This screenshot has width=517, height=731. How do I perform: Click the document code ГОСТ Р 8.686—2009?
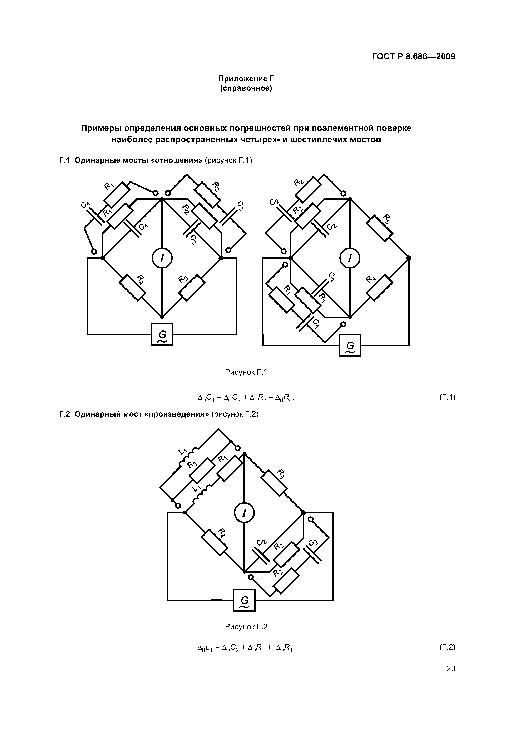click(413, 57)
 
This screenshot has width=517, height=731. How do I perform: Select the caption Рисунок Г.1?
click(246, 372)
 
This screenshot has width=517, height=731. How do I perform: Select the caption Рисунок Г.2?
click(246, 627)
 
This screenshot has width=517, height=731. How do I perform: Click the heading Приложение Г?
click(246, 78)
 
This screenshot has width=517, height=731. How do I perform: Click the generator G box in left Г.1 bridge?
click(162, 334)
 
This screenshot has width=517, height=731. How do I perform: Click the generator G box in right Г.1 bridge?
click(350, 345)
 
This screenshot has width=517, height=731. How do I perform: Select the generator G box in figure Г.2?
click(244, 600)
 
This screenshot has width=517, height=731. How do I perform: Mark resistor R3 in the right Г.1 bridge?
click(379, 228)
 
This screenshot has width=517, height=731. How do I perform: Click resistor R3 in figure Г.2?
click(274, 482)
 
